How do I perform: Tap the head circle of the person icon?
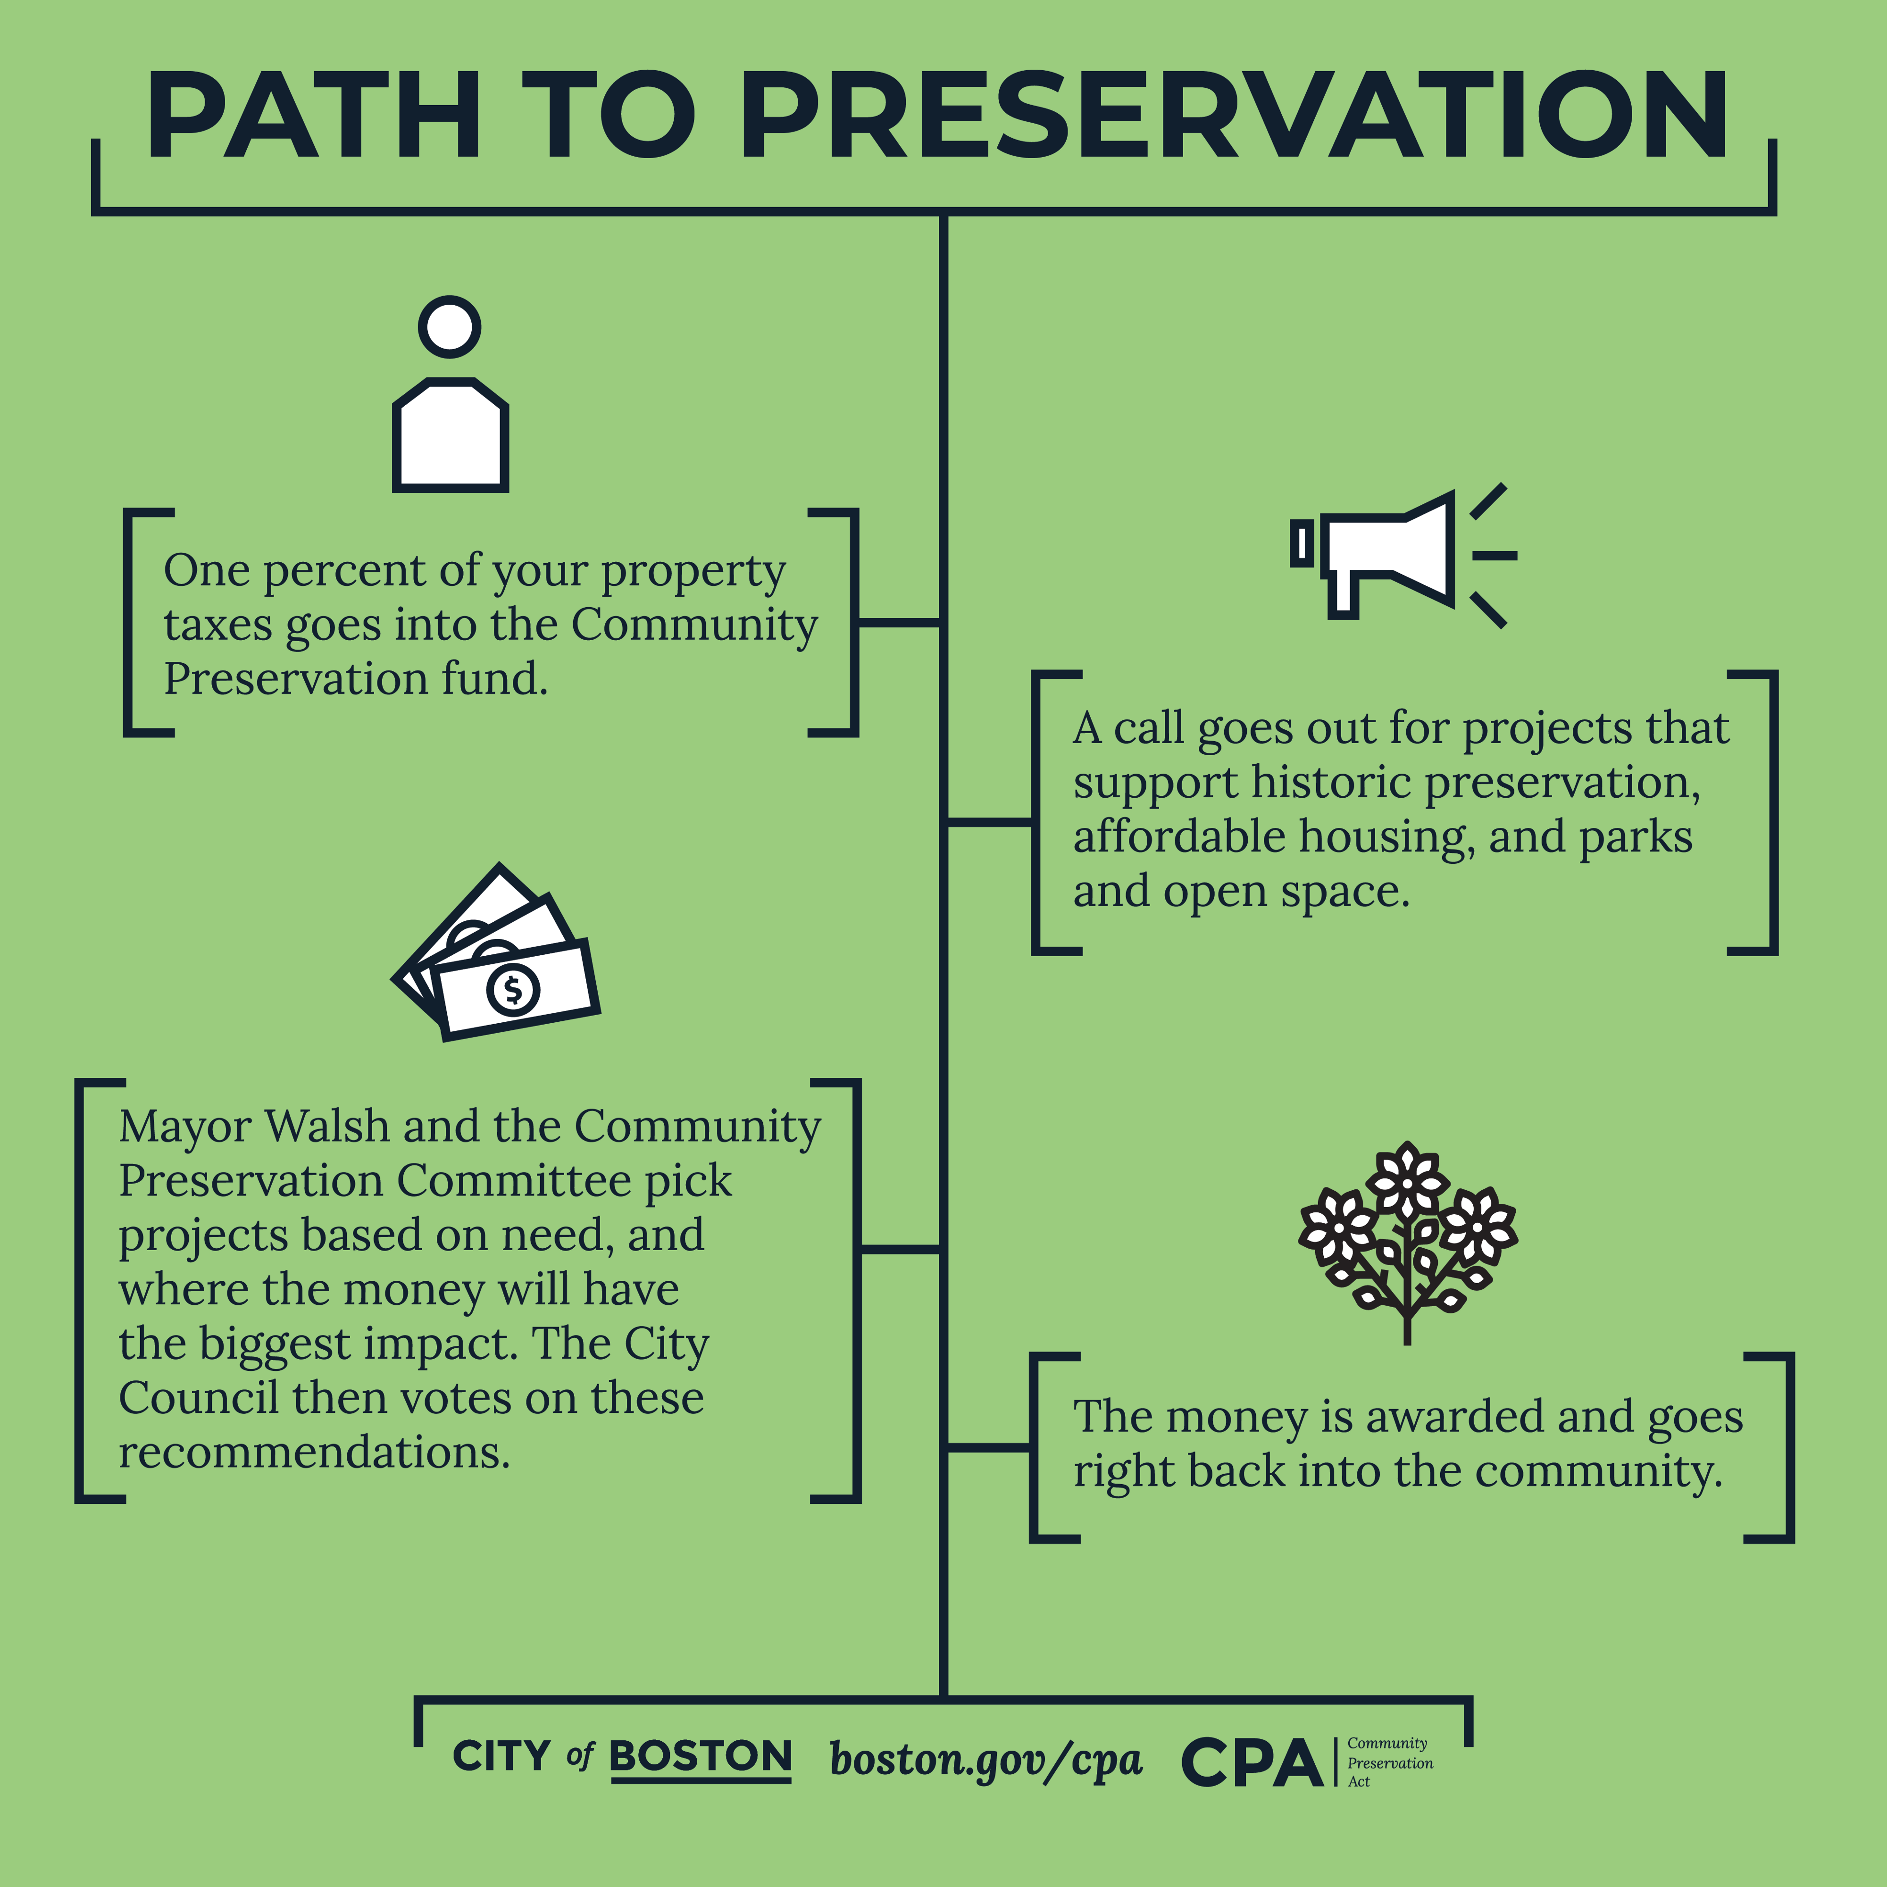[x=449, y=327]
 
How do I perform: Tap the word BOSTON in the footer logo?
[x=700, y=1756]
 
